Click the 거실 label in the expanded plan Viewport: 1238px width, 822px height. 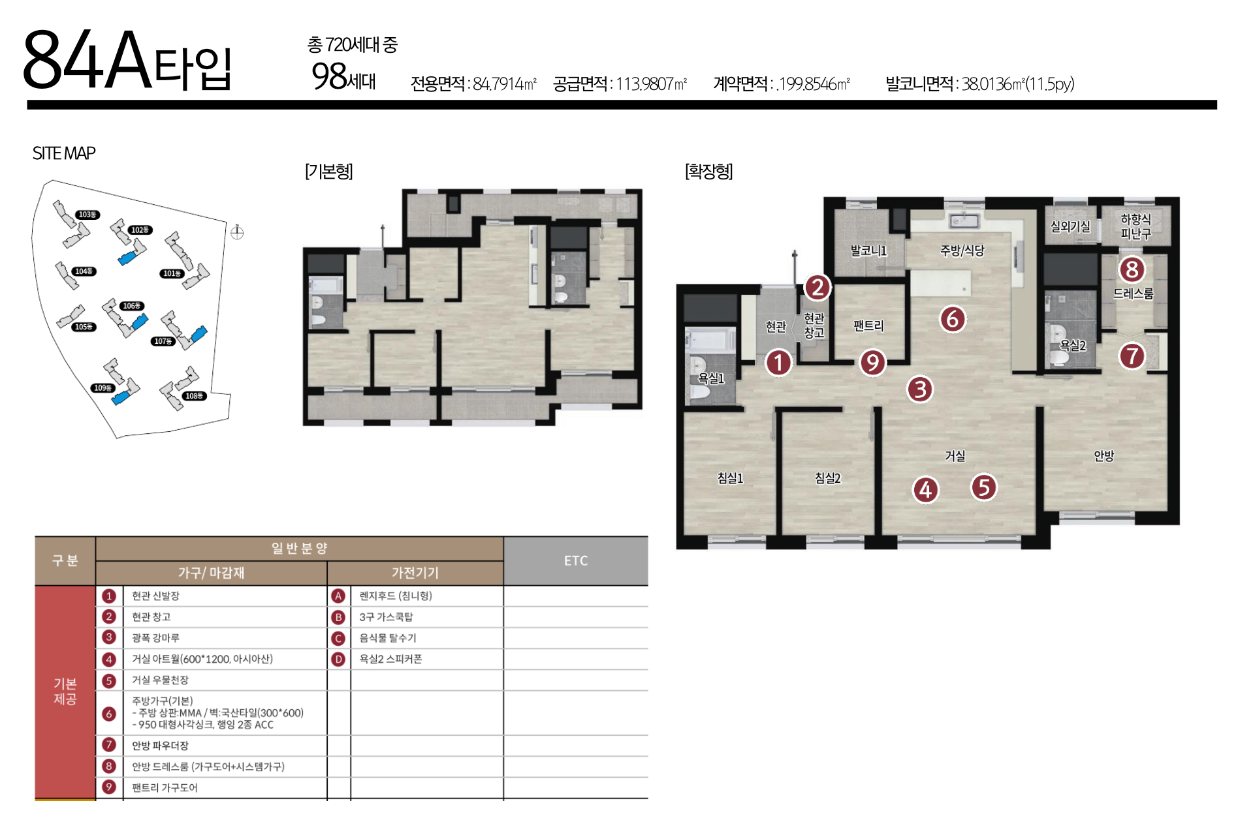click(955, 456)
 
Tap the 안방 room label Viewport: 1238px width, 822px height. click(1103, 456)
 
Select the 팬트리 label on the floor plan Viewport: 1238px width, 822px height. click(868, 326)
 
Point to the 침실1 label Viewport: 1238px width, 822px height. click(730, 478)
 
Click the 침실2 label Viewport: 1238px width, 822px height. click(827, 478)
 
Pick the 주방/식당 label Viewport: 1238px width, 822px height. click(962, 251)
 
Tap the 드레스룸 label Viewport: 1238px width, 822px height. click(1133, 294)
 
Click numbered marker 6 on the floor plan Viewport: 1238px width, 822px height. click(953, 319)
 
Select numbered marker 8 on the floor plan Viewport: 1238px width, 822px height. click(1132, 269)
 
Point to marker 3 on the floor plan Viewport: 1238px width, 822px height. click(920, 389)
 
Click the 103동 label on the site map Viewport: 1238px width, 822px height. click(87, 215)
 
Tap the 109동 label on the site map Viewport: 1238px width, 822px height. click(103, 388)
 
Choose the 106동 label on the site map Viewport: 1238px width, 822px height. click(131, 305)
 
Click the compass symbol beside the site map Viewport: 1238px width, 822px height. click(237, 232)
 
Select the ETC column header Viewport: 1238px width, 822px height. click(576, 560)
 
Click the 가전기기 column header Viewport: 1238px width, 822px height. click(415, 573)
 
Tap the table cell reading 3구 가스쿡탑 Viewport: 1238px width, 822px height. click(386, 617)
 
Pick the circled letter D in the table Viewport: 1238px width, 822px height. click(338, 660)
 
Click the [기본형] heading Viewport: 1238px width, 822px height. click(329, 172)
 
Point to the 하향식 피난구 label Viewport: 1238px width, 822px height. click(1135, 226)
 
